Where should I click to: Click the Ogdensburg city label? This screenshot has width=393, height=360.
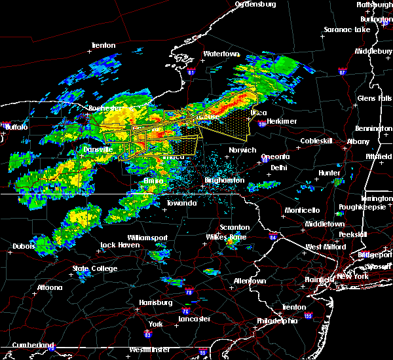point(256,4)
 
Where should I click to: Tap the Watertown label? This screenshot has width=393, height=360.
point(221,54)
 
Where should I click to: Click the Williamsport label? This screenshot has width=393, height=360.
point(147,237)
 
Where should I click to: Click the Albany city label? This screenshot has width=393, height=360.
point(358,141)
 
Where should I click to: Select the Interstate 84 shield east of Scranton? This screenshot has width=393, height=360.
point(272,237)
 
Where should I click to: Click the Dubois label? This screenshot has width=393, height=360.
point(23,247)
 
